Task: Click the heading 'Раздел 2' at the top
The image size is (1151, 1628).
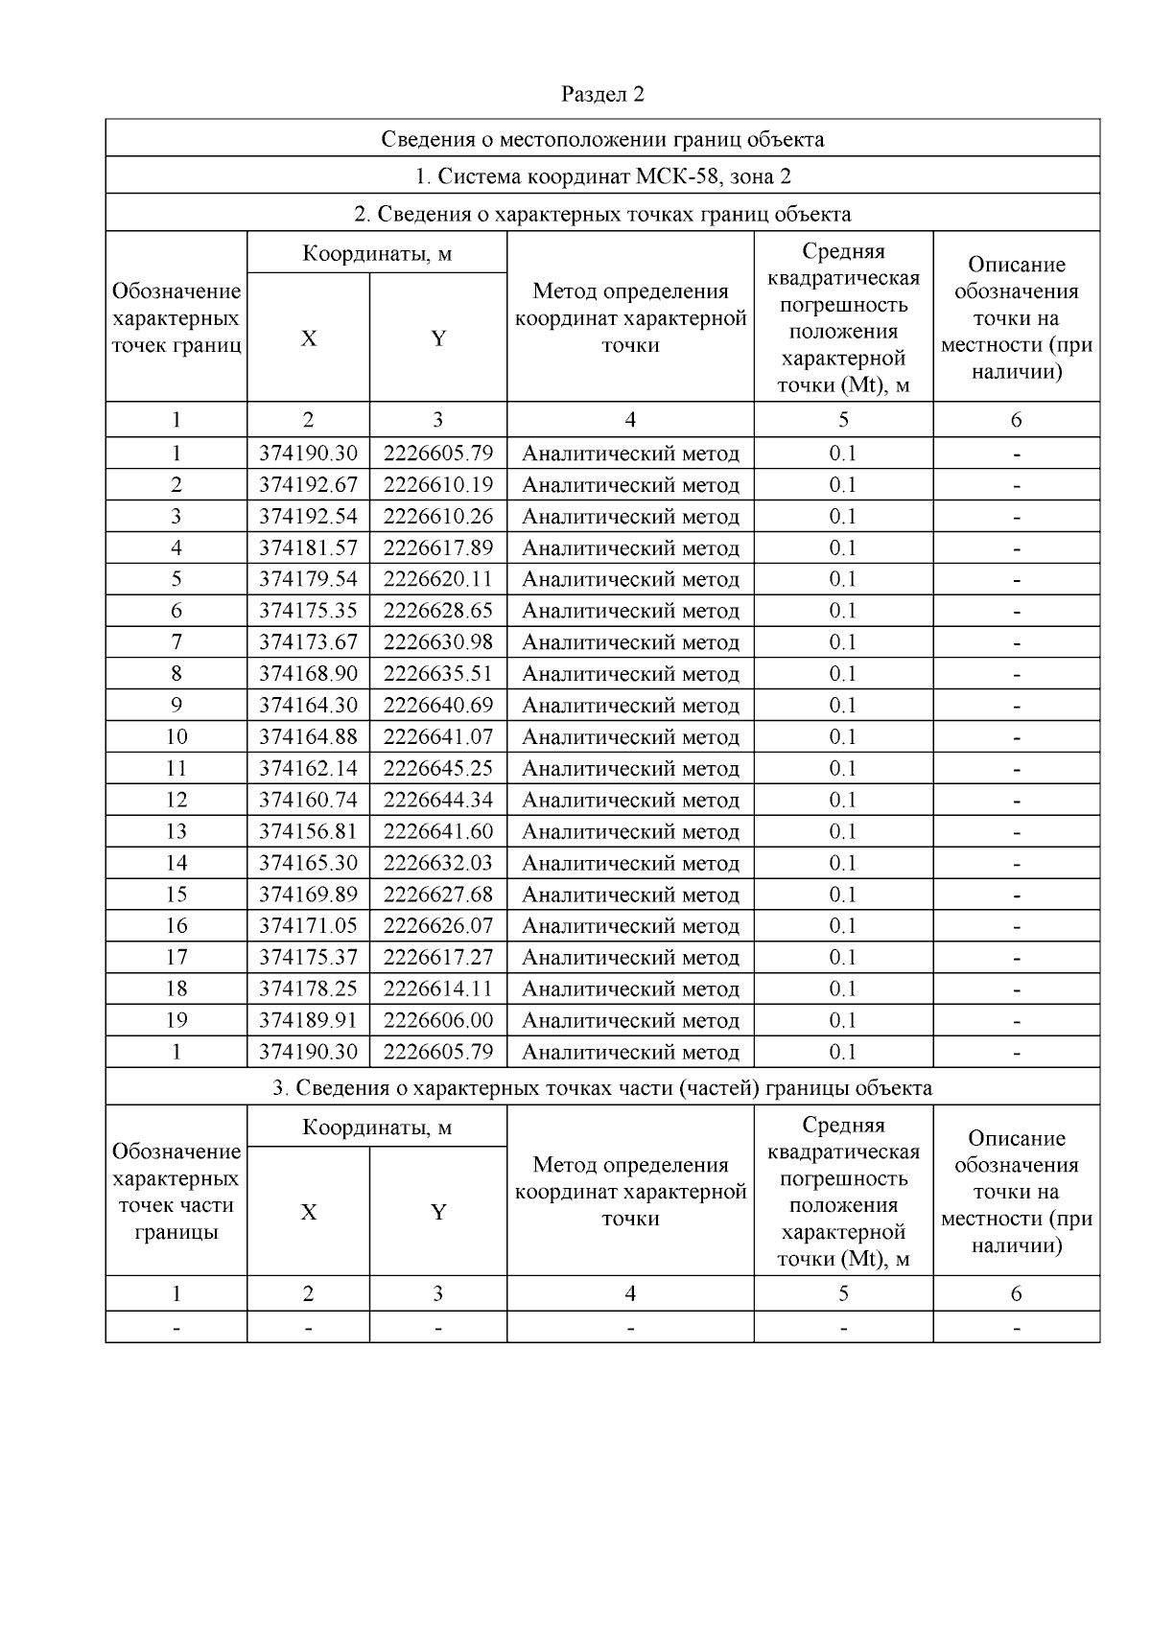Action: [602, 94]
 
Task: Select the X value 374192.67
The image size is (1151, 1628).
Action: [308, 485]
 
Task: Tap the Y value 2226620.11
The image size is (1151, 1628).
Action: [438, 579]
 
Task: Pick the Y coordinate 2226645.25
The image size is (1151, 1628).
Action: [438, 769]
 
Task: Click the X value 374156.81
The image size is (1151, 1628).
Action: [308, 831]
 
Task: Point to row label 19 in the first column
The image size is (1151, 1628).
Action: [176, 1020]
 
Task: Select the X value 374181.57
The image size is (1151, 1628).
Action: [308, 548]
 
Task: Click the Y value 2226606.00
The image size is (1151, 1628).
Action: [438, 1020]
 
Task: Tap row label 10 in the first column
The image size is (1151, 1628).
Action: [176, 737]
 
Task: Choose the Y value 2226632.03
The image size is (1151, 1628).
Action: [438, 863]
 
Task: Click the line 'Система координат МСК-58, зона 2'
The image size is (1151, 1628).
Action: [602, 176]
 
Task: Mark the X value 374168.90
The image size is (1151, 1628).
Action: [308, 674]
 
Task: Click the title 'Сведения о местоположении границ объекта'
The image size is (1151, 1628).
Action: [602, 139]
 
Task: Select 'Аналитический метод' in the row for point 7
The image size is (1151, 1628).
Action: [630, 642]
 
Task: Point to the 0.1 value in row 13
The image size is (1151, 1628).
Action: [842, 831]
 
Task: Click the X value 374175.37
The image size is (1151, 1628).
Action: [308, 958]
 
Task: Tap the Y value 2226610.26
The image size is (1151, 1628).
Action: [438, 517]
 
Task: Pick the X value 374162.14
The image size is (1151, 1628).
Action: [308, 769]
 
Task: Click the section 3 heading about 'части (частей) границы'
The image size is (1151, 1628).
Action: [602, 1088]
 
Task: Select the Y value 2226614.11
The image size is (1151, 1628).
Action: [438, 988]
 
